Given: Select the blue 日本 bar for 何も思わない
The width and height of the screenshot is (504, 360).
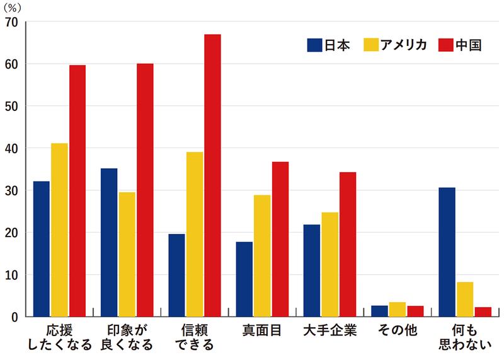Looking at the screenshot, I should tap(447, 252).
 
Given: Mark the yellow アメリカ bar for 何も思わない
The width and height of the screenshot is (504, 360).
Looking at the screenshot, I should tap(465, 299).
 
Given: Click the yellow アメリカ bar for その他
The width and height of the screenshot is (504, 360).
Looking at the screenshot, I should tap(398, 310).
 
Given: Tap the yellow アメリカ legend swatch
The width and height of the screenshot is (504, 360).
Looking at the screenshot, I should tap(372, 45).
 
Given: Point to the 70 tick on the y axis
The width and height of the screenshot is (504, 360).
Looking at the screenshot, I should tap(13, 22).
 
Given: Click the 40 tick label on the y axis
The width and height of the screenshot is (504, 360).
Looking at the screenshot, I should tap(13, 149).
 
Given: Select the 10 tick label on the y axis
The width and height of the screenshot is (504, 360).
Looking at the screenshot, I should tap(13, 275).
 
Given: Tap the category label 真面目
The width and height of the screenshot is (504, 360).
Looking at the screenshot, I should tap(262, 330).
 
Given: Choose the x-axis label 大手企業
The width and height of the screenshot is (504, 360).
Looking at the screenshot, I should tap(329, 330).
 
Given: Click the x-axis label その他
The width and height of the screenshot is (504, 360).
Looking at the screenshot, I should tap(397, 330).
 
